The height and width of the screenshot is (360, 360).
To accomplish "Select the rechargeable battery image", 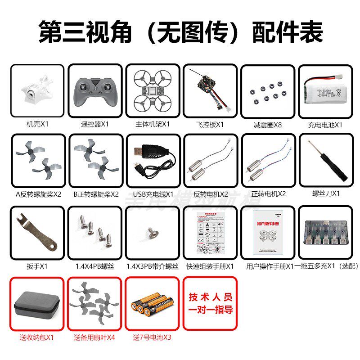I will click(x=325, y=90).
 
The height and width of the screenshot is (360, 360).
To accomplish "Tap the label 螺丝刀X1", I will click(x=326, y=193).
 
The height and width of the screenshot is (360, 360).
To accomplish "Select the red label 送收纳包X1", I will click(x=36, y=337).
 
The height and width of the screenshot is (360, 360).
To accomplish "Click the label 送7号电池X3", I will click(x=152, y=337).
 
